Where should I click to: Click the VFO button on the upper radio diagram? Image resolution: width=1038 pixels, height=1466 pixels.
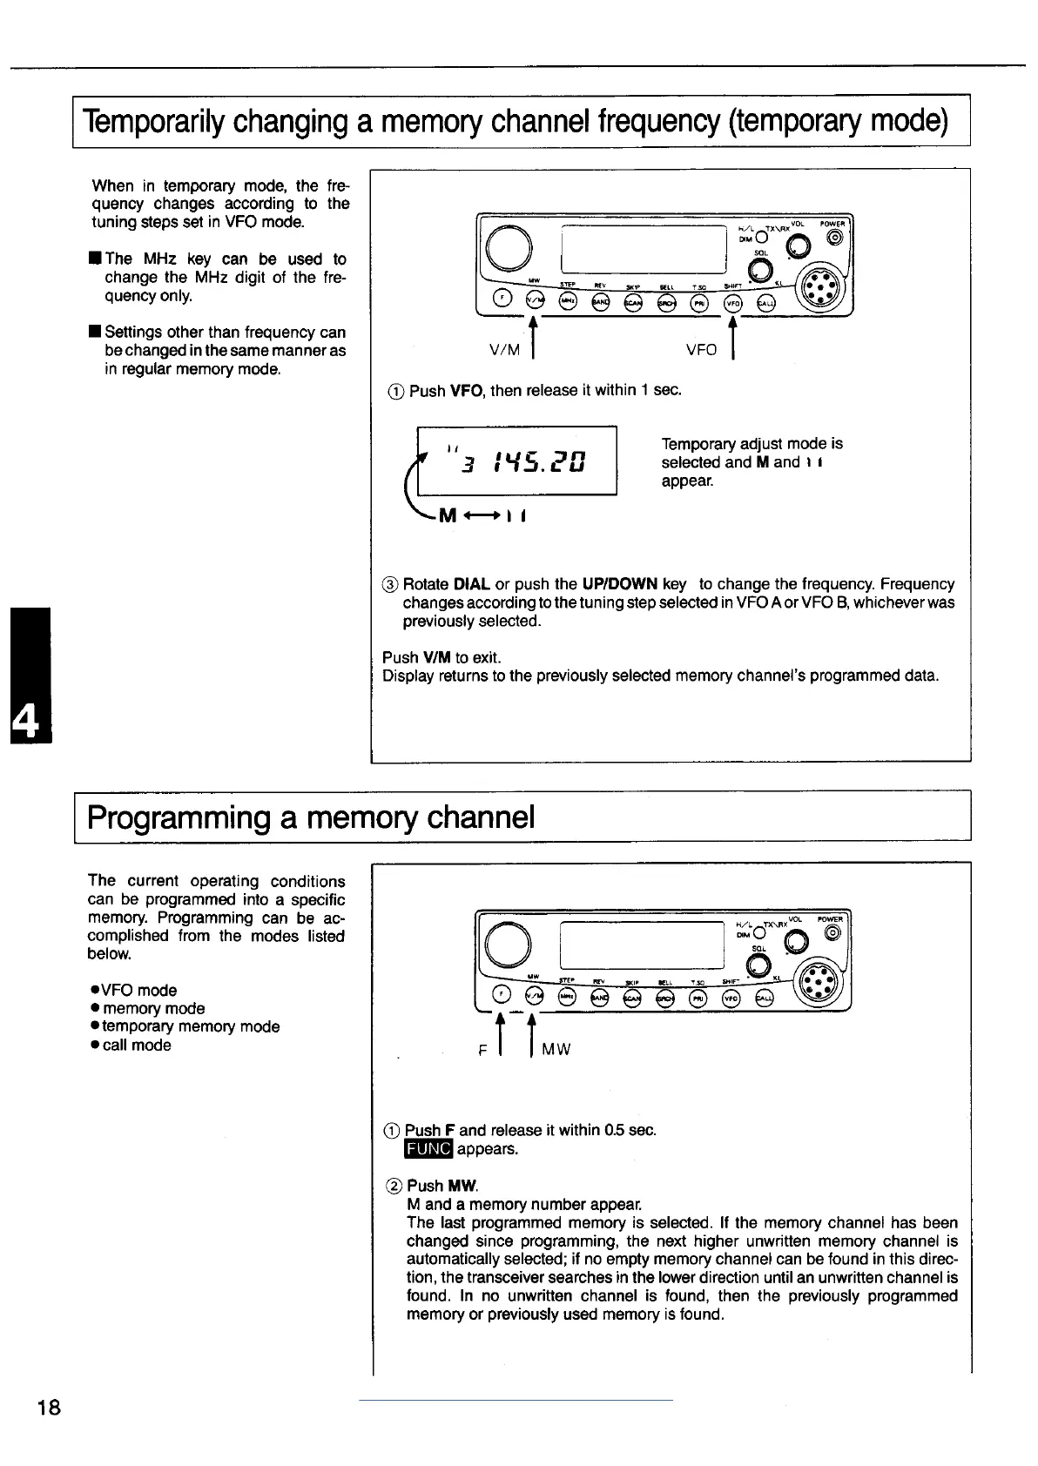(x=733, y=302)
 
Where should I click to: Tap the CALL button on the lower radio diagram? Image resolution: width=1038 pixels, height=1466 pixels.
(x=765, y=998)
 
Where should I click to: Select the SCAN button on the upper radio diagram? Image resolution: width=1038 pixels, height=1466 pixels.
(x=633, y=302)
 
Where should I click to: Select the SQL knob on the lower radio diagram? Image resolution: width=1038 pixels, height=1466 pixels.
(x=760, y=965)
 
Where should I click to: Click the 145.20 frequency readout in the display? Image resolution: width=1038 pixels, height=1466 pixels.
(x=539, y=460)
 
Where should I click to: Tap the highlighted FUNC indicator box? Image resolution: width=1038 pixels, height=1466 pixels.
(x=428, y=1149)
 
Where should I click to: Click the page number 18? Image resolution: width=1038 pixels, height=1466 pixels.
(x=49, y=1407)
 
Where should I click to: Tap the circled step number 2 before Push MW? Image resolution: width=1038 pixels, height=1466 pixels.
(x=393, y=1186)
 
